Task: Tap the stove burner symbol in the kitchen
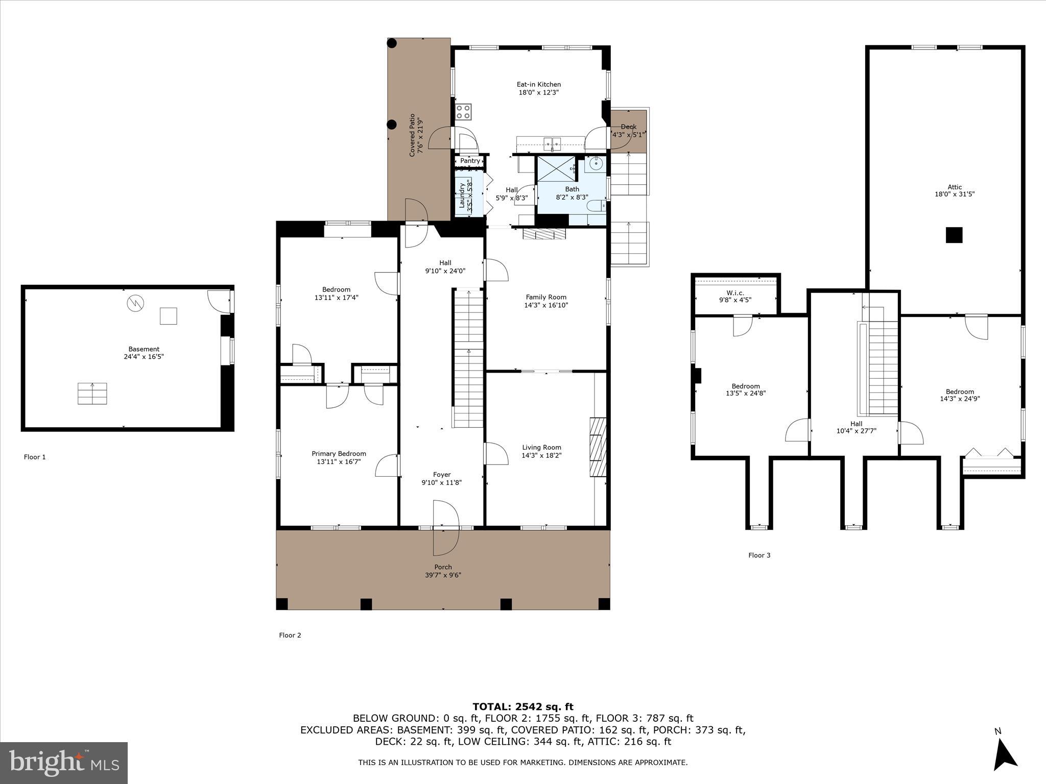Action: pos(464,112)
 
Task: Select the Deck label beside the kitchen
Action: pos(628,127)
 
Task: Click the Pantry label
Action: pos(470,161)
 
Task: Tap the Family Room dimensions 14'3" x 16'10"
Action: pos(546,305)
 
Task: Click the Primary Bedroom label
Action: pos(339,453)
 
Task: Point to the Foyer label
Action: pos(442,474)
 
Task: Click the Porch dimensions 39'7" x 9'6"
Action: pos(443,575)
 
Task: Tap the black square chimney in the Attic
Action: pos(954,235)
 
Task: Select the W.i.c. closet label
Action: pos(735,292)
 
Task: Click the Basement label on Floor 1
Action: pos(144,349)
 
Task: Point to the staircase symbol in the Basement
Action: pos(92,393)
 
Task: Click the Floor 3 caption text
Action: pos(759,555)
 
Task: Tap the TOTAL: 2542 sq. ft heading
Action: pos(522,706)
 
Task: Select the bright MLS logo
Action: pos(64,763)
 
